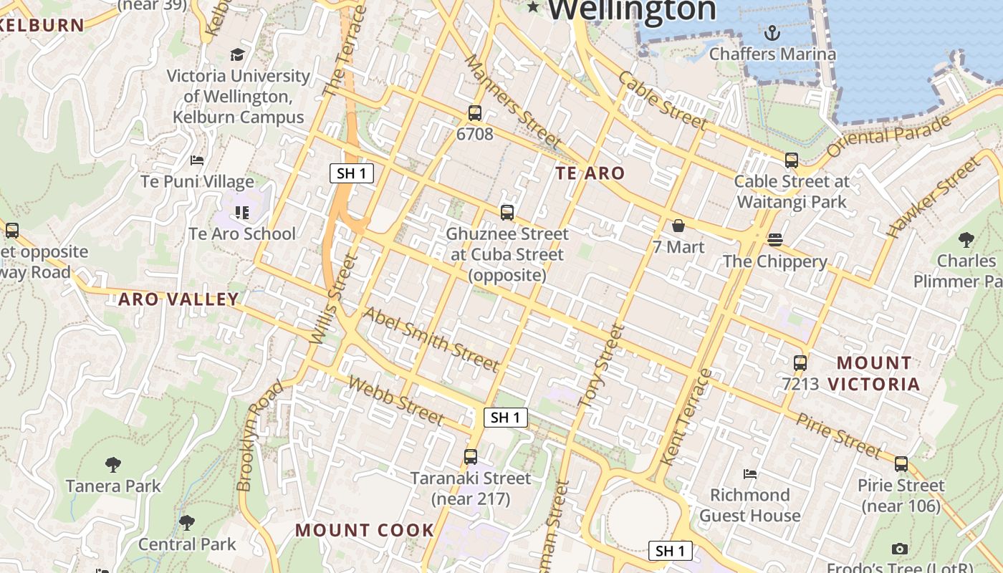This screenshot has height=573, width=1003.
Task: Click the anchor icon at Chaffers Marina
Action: (x=772, y=32)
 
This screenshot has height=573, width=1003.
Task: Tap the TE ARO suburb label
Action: (x=590, y=173)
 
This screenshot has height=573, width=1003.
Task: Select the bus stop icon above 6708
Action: (x=474, y=112)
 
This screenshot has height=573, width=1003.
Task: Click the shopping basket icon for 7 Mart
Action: (x=678, y=226)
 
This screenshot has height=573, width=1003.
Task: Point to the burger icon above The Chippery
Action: (x=775, y=239)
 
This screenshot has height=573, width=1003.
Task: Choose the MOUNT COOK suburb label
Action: (x=365, y=530)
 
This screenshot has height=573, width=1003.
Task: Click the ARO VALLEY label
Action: (x=178, y=299)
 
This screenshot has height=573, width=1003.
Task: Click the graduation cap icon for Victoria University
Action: (x=237, y=54)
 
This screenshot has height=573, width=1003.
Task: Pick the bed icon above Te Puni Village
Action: (x=197, y=160)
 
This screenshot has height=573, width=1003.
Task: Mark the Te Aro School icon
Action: (x=242, y=212)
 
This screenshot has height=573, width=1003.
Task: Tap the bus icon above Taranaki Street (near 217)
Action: (x=471, y=456)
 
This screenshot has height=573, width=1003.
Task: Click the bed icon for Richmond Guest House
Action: (x=750, y=473)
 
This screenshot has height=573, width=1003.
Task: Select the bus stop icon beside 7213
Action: (x=800, y=363)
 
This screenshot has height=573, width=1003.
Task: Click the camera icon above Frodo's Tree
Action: (x=900, y=549)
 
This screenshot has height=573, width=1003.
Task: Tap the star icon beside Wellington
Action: (x=533, y=7)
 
